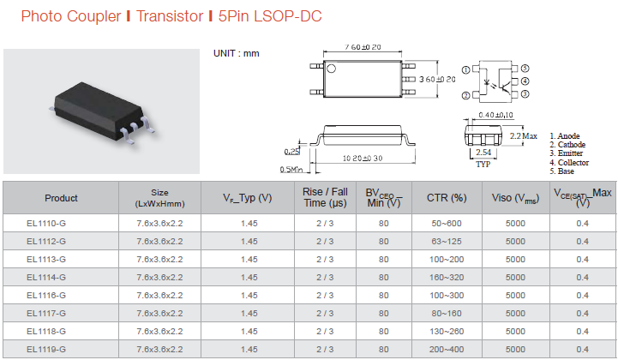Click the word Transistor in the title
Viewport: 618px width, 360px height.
tap(170, 16)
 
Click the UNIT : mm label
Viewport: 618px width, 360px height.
tap(236, 53)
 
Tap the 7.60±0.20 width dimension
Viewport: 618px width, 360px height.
tap(363, 47)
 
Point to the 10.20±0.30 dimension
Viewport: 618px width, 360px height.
tap(363, 158)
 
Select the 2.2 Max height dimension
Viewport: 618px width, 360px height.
tap(523, 136)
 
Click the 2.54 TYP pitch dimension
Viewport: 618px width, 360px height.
tap(483, 158)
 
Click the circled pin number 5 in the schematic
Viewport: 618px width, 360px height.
tap(525, 69)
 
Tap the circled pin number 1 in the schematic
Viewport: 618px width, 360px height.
tap(466, 69)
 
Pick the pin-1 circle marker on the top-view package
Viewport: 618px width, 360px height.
tap(332, 69)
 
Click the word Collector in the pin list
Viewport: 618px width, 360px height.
tap(573, 163)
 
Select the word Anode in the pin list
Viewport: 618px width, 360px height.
tap(568, 136)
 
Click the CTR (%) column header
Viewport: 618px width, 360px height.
tap(447, 197)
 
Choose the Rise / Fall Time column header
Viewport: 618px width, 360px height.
tap(325, 197)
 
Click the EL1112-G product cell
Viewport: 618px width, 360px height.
tap(46, 242)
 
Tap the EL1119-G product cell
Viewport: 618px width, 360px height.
tap(46, 350)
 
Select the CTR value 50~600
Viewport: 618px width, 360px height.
tap(447, 223)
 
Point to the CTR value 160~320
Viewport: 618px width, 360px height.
tap(447, 277)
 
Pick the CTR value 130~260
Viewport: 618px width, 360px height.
tap(447, 331)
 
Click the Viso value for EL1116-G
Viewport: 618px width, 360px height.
tap(515, 296)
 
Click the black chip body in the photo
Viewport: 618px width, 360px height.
tap(99, 110)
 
